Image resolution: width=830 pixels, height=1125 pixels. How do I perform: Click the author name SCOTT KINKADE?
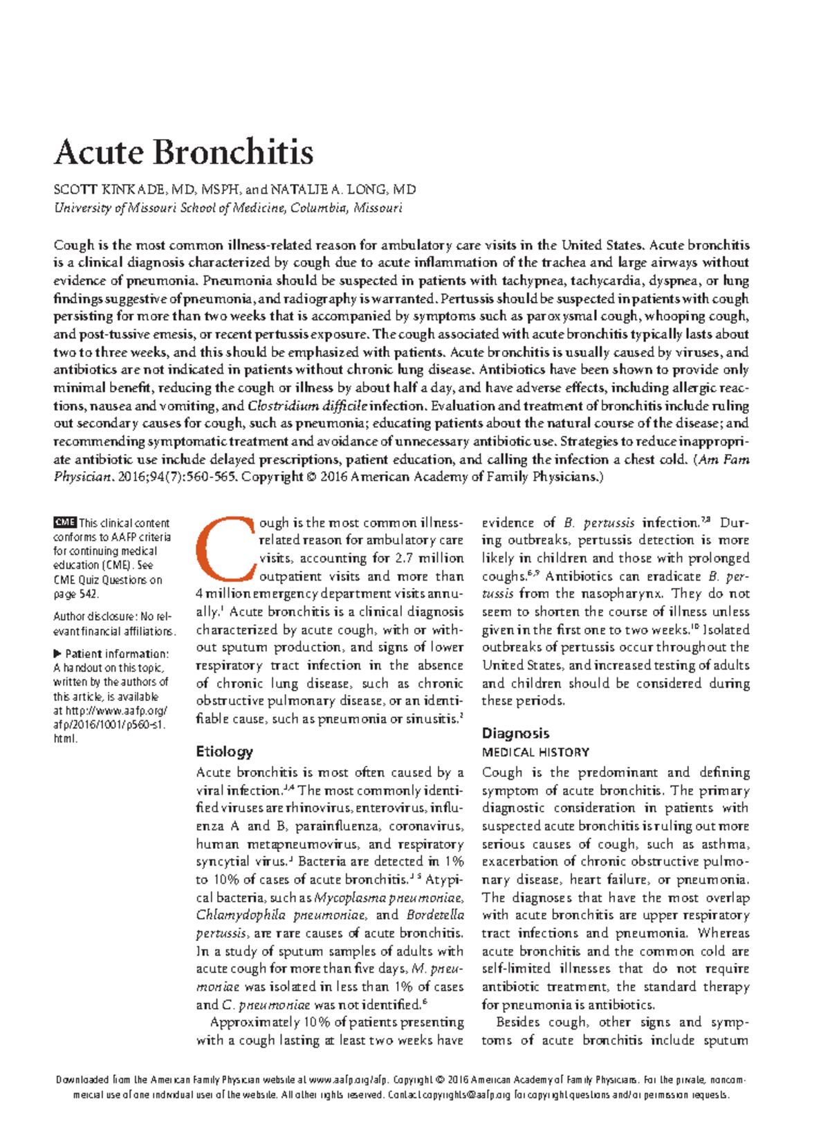[x=109, y=190]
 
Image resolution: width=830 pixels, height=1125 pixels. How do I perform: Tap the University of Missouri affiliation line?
[x=228, y=208]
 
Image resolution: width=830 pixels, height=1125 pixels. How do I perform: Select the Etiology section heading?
[x=224, y=751]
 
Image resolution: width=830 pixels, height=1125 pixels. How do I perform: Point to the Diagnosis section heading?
[x=515, y=733]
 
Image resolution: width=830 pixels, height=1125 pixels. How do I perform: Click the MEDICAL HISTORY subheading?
[x=535, y=753]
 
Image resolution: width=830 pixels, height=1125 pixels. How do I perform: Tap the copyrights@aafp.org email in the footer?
[x=466, y=1095]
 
